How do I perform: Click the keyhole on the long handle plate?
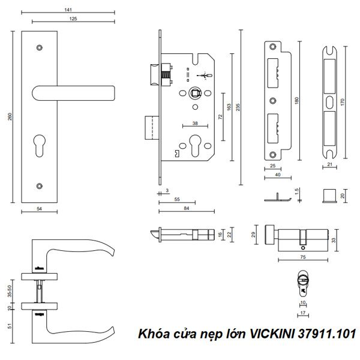coord(40,148)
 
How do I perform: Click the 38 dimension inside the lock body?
coord(196,123)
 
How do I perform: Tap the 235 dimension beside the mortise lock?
coord(239,107)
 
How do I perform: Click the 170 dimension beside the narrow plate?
coord(343,102)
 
